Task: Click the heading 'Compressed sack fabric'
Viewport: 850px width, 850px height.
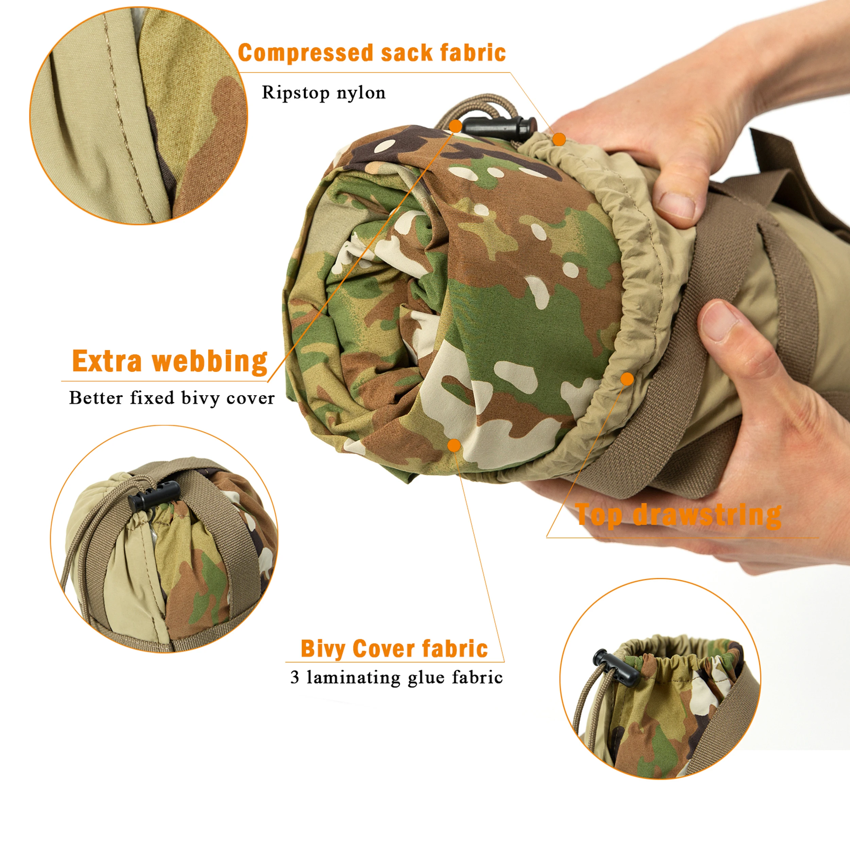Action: point(372,53)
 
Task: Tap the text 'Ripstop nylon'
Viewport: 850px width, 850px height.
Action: point(323,93)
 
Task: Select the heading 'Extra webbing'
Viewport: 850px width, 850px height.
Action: point(170,362)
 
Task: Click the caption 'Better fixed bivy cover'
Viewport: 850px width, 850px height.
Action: point(172,398)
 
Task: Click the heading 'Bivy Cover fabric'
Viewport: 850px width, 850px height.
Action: point(394,649)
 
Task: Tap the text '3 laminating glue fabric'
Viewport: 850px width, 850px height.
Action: point(396,678)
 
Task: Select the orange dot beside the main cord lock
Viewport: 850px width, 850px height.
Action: point(456,126)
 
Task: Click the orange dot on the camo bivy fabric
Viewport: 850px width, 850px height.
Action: point(454,445)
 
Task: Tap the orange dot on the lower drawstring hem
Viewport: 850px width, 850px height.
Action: point(627,378)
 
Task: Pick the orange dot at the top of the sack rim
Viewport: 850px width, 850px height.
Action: point(559,139)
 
